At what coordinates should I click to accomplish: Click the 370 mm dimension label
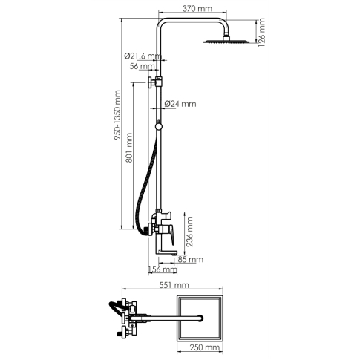pos(197,8)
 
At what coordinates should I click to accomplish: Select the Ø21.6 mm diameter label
pos(143,56)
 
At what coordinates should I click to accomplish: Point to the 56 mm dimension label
pos(143,66)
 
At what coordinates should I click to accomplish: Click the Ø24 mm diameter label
pos(180,104)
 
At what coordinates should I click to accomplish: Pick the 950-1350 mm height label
pos(117,115)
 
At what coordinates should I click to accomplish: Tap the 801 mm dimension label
pos(129,148)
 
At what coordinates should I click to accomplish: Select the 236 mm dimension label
pos(189,232)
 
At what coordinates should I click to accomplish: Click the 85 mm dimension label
pos(191,259)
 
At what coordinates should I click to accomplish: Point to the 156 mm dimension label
pos(163,269)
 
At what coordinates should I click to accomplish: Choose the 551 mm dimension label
pos(174,285)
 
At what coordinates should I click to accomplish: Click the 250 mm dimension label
pos(205,347)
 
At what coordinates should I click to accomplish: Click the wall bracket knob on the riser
pos(150,82)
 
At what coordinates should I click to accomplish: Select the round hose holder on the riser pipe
pos(159,126)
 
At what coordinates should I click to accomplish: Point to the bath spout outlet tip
pos(175,253)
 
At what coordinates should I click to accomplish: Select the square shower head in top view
pos(200,318)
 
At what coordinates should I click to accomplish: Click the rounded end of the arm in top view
pos(201,318)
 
